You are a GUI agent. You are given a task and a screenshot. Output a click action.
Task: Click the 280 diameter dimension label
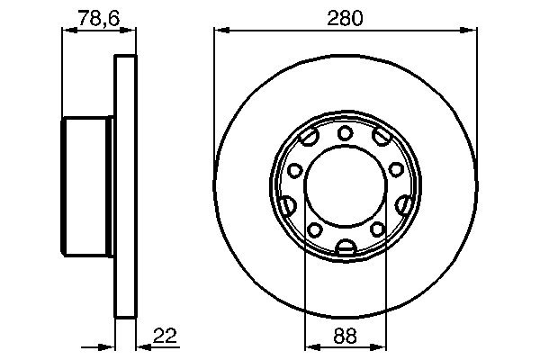pos(346,17)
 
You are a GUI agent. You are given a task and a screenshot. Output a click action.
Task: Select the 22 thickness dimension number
pos(164,338)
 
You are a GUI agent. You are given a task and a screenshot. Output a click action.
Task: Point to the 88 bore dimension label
pos(346,338)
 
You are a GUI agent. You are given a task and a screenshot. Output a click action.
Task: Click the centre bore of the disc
pos(346,187)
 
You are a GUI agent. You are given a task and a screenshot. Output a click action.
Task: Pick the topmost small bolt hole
pos(346,134)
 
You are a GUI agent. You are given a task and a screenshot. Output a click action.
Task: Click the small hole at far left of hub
pos(293,170)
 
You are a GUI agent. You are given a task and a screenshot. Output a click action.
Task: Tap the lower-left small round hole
pos(315,230)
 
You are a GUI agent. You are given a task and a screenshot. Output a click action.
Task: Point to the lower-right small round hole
pos(377,230)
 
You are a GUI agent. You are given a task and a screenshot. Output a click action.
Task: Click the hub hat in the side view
pos(88,187)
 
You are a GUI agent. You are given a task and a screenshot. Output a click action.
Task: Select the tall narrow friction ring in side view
pos(127,187)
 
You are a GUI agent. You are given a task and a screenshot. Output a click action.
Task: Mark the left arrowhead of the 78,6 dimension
pos(67,31)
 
